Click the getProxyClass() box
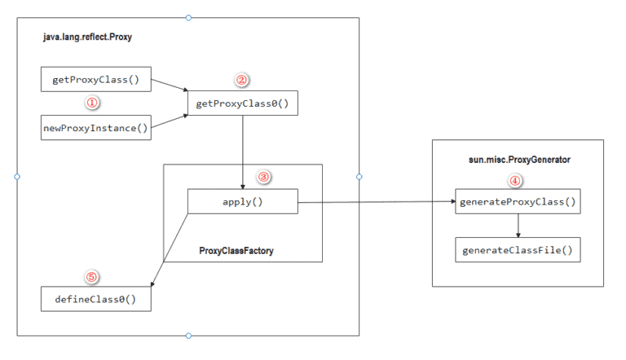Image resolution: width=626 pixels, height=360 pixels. coord(96,80)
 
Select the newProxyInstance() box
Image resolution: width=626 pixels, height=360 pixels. coord(96,128)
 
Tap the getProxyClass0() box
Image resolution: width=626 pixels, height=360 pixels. coord(243,103)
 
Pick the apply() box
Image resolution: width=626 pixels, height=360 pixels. coord(242,202)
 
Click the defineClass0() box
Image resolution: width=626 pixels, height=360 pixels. coord(96,298)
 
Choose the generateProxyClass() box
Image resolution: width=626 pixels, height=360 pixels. coord(518,201)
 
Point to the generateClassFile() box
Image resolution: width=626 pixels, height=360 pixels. coord(518,249)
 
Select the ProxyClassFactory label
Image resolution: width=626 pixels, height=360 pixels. coord(236,250)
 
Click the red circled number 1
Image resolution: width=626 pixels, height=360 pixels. coord(92,103)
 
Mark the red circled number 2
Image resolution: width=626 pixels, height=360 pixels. coord(240,80)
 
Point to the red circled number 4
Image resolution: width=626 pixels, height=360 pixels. coord(516,181)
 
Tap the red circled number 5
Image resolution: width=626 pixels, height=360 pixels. coord(91,277)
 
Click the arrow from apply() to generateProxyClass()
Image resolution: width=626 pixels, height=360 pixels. coord(375,202)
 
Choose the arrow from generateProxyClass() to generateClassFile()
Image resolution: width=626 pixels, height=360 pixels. coord(518,226)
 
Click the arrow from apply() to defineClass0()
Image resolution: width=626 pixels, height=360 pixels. coord(170,250)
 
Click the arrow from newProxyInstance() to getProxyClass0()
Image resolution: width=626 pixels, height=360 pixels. coord(170,121)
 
